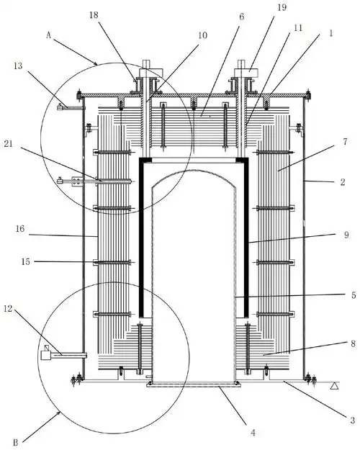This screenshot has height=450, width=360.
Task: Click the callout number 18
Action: (94, 15)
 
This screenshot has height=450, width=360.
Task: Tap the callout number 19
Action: (282, 7)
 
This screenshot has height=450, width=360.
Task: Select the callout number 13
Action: (18, 66)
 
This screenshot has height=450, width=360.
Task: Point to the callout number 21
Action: (9, 143)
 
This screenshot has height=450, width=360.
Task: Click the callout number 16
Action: (20, 229)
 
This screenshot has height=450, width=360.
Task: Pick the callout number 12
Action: (8, 309)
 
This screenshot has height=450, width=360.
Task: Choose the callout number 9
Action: (346, 235)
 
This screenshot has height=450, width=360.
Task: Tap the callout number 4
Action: (253, 432)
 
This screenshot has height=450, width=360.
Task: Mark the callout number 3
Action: (353, 420)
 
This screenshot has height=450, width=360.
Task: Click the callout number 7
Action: (345, 142)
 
